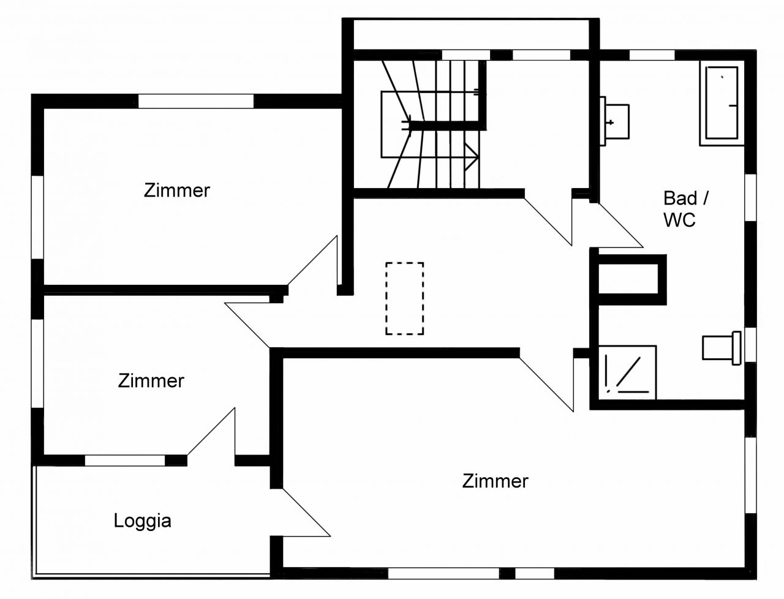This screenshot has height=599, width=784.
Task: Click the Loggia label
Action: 142,521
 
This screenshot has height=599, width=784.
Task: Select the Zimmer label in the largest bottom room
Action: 495,481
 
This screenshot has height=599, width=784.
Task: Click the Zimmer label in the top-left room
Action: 177,190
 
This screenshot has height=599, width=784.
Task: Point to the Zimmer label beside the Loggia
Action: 151,381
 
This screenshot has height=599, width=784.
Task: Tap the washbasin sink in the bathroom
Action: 615,122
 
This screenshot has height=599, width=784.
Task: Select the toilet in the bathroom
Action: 720,347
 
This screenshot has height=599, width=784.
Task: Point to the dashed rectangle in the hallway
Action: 404,298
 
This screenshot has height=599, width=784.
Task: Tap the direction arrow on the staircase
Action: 472,156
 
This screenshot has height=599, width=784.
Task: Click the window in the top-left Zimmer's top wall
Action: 195,101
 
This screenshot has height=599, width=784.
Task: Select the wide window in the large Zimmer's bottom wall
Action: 443,573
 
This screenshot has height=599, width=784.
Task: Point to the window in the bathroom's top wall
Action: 652,55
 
